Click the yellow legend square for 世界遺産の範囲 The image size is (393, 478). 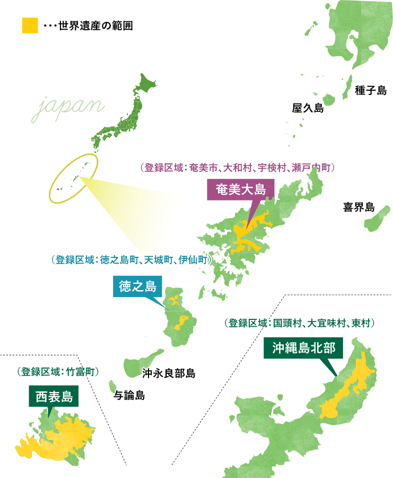click(30, 25)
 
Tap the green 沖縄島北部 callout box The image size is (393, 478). click(303, 348)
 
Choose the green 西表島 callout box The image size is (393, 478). click(54, 396)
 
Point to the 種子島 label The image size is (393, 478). click(371, 91)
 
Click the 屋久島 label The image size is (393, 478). click(308, 108)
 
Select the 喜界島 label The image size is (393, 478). click(359, 207)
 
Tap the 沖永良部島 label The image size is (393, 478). click(169, 373)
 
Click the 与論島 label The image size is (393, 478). click(129, 395)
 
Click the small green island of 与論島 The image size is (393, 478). click(112, 385)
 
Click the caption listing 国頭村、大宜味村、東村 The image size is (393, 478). click(300, 322)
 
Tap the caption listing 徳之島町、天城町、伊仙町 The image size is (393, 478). click(129, 260)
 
